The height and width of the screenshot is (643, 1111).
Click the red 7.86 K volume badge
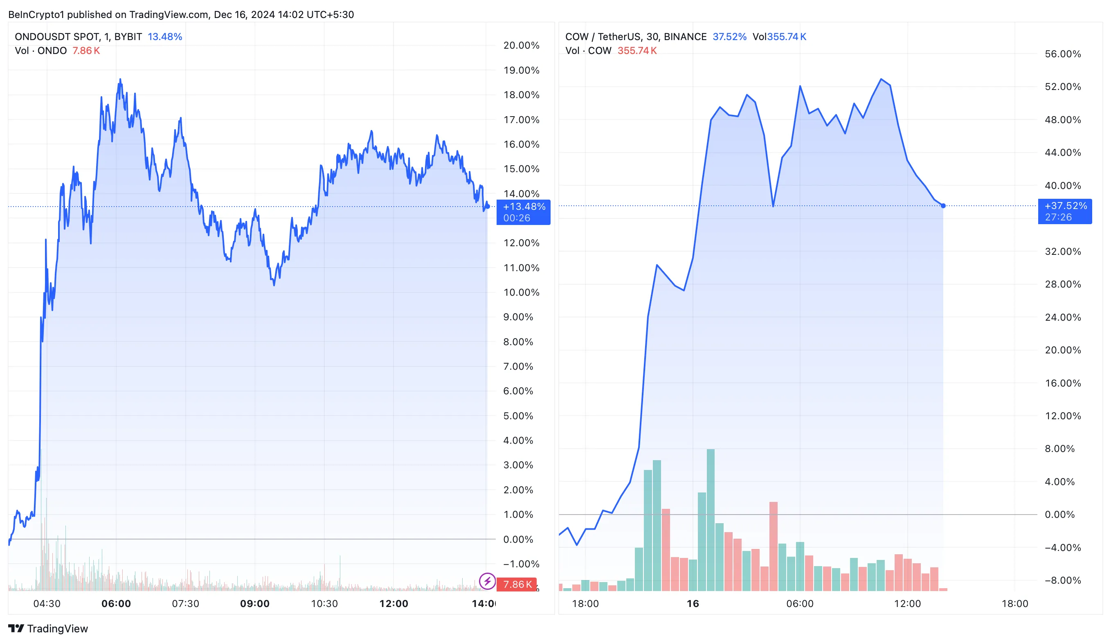(x=517, y=584)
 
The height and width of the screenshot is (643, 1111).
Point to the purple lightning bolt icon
(x=487, y=581)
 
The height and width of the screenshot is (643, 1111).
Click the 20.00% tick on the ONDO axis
(x=521, y=45)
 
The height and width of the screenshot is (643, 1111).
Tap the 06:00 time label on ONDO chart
(x=116, y=603)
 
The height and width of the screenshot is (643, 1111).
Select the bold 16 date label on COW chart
(x=693, y=603)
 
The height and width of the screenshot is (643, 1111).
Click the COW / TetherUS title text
(x=636, y=36)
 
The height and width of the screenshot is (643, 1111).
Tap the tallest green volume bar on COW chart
(x=710, y=520)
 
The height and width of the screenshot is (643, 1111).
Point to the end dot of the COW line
(x=943, y=206)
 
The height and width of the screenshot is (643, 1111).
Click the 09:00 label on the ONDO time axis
(x=254, y=603)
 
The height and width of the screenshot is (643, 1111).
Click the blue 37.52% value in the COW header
(x=729, y=36)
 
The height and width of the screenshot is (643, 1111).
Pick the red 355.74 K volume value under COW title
(x=636, y=51)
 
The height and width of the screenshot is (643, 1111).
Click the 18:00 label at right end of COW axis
(x=1014, y=603)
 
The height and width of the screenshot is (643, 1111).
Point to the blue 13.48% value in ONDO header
(x=164, y=36)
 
